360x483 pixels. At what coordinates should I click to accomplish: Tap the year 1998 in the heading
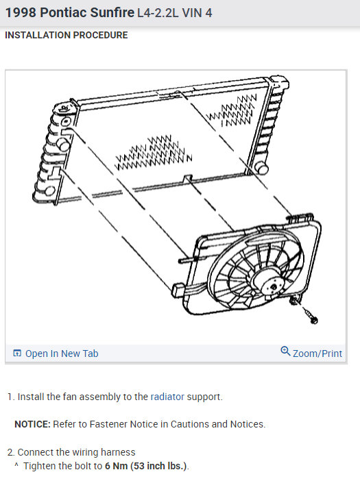click(21, 12)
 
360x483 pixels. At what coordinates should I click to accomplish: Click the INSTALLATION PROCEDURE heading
click(67, 36)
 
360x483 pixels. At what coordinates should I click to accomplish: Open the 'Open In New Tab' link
click(62, 354)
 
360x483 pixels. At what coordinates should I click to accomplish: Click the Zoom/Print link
click(317, 354)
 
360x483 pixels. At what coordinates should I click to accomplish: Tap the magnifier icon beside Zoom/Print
click(285, 352)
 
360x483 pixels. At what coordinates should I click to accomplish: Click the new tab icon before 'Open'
click(17, 354)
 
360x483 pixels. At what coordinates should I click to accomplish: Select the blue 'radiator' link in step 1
click(167, 397)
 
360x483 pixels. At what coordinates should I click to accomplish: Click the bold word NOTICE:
click(32, 424)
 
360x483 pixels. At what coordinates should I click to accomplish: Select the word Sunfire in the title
click(110, 12)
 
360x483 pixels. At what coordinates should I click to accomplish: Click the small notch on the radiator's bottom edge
click(187, 179)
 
